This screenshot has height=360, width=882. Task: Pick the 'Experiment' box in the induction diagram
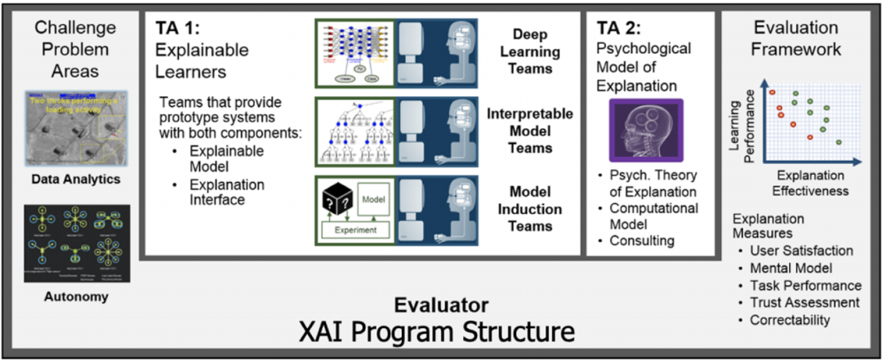(x=355, y=230)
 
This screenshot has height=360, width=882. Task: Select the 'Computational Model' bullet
(x=648, y=216)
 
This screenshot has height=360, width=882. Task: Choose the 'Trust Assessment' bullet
(x=806, y=302)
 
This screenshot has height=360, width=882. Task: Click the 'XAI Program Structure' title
(x=442, y=333)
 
